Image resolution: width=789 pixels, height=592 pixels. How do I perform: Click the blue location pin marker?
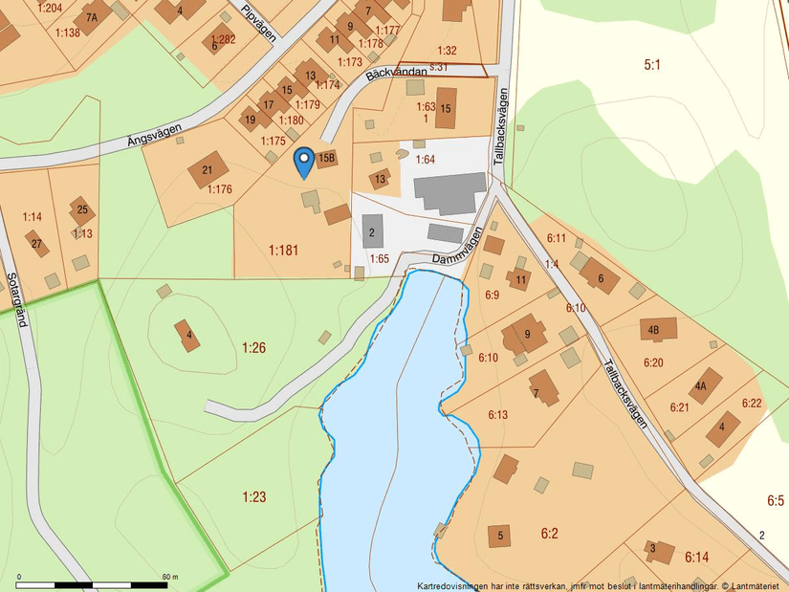tap(303, 162)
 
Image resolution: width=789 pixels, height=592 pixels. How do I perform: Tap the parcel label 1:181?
tap(283, 251)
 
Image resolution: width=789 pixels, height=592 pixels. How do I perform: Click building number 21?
tap(207, 170)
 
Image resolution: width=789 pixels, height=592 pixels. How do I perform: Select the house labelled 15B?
tap(326, 159)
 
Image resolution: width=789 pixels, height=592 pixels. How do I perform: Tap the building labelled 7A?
tap(92, 17)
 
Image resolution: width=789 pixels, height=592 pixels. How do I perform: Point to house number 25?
tap(82, 209)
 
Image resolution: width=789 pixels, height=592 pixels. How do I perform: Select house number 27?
tap(36, 243)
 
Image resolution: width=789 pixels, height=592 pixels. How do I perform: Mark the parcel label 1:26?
tap(253, 347)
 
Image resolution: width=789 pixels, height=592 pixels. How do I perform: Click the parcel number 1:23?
tap(253, 496)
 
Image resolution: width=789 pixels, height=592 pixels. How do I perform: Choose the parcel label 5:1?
tap(652, 65)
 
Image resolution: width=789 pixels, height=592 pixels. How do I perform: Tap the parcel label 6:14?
tap(696, 557)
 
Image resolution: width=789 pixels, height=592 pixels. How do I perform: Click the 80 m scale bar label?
tap(170, 577)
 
